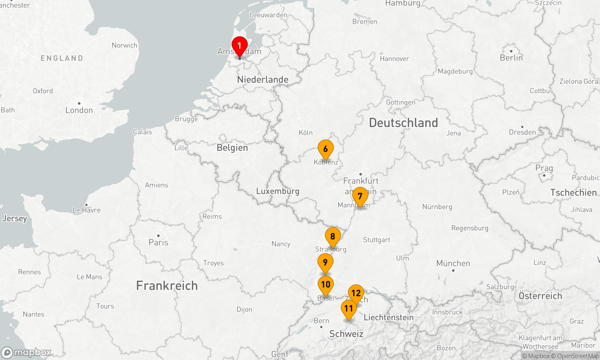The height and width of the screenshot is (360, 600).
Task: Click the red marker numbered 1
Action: pyautogui.click(x=239, y=46)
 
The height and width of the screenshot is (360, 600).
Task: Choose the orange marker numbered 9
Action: pyautogui.click(x=325, y=262)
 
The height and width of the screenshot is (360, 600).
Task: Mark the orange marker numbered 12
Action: pyautogui.click(x=356, y=293)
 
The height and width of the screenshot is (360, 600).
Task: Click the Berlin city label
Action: pyautogui.click(x=511, y=58)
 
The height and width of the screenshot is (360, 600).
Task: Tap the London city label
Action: pyautogui.click(x=79, y=110)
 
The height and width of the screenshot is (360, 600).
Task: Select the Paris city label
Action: pyautogui.click(x=158, y=242)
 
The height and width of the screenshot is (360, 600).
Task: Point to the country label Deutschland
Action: pyautogui.click(x=403, y=123)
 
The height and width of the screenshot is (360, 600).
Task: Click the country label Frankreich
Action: pyautogui.click(x=167, y=286)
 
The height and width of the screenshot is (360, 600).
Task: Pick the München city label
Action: pyautogui.click(x=453, y=263)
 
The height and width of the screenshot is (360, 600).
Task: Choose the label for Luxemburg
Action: pyautogui.click(x=277, y=191)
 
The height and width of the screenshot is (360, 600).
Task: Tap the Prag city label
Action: pyautogui.click(x=544, y=168)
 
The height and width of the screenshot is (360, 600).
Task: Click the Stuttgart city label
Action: pyautogui.click(x=376, y=240)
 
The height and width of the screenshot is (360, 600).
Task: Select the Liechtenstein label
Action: pyautogui.click(x=388, y=317)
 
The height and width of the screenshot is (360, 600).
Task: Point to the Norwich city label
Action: pyautogui.click(x=124, y=45)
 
